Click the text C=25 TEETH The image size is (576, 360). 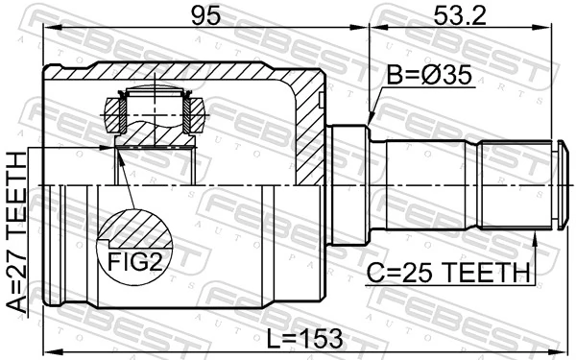448,273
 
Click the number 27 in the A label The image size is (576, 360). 17,257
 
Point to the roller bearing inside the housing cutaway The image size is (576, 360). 154,110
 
